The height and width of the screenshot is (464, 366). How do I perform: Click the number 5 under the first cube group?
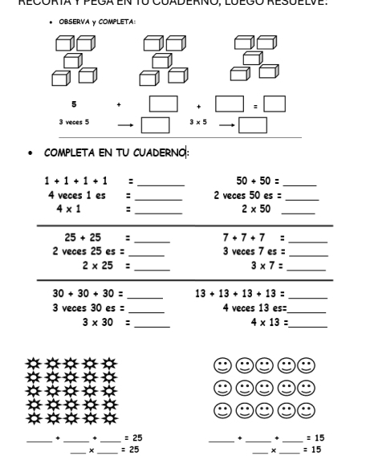click(73, 104)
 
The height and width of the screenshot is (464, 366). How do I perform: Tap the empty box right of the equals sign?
click(274, 104)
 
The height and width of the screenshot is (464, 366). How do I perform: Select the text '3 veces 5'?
click(74, 123)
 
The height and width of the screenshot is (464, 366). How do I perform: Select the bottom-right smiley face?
click(307, 412)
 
